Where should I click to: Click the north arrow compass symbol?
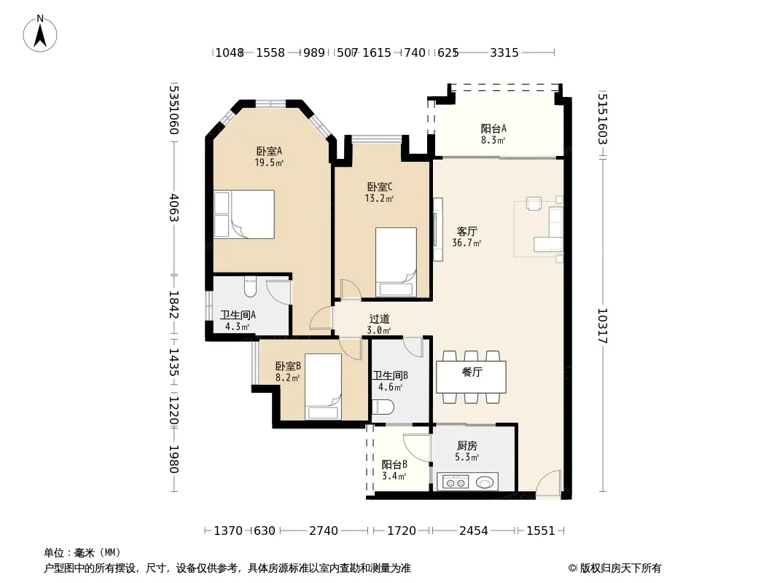coord(40,34)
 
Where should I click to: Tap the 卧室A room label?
coord(269,151)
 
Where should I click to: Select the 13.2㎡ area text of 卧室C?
coord(379,199)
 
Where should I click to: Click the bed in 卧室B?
coord(323,386)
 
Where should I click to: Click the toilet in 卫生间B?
coord(383,407)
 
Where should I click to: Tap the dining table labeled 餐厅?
coord(472,377)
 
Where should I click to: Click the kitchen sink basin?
coord(486,482)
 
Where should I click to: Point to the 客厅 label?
coord(466,231)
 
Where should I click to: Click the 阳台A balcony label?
coord(493,129)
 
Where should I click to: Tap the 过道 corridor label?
coord(379,319)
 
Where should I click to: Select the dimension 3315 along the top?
coord(504,52)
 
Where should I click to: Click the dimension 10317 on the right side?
coord(602,326)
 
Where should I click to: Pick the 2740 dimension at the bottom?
coord(324,531)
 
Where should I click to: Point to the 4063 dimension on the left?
coord(174,208)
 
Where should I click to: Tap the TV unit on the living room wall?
coord(437,230)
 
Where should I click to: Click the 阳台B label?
coord(394,465)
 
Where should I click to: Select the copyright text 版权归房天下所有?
coord(620,568)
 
